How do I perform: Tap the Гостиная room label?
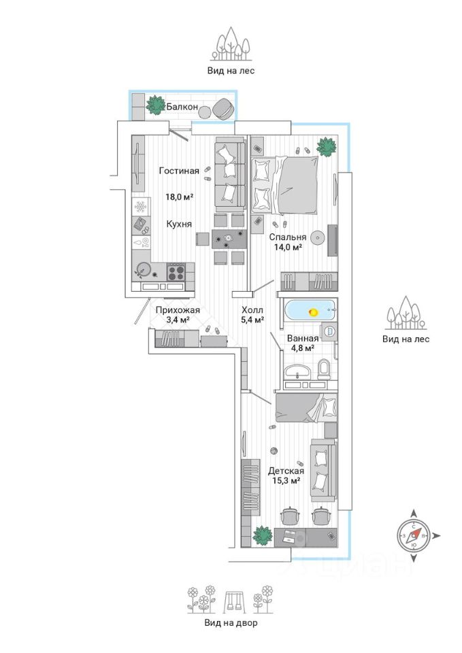tap(179, 171)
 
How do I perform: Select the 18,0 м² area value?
tap(180, 197)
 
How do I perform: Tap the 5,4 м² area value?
tap(253, 318)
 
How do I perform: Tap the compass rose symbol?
tap(413, 536)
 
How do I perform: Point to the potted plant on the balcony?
tap(156, 105)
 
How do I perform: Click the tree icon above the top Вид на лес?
tap(231, 44)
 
